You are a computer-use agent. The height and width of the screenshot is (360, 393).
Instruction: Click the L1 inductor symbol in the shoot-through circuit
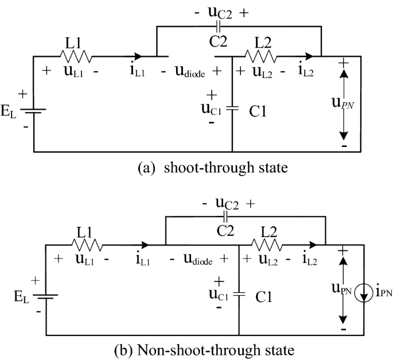click(75, 56)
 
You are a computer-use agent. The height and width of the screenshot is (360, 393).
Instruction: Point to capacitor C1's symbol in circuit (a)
click(232, 107)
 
